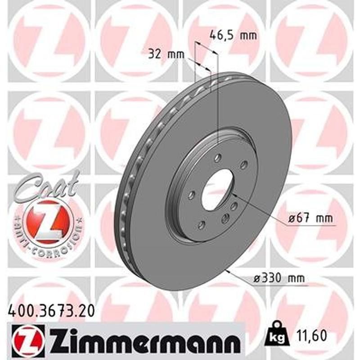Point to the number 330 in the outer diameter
click(x=270, y=279)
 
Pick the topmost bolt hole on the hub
click(x=218, y=157)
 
